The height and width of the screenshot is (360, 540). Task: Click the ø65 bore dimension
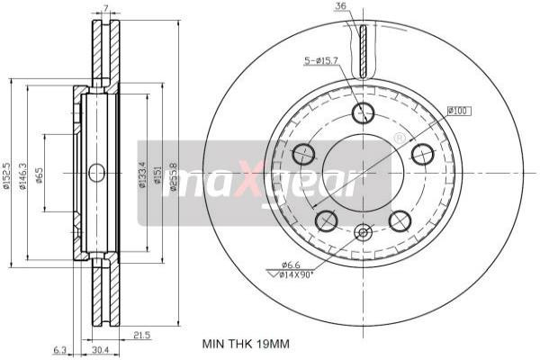click(40, 175)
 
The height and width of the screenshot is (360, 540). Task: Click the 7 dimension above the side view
click(105, 9)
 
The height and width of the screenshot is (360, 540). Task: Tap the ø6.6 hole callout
click(290, 264)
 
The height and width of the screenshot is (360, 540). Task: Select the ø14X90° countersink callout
click(293, 274)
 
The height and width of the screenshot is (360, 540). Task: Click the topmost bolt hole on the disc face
click(363, 113)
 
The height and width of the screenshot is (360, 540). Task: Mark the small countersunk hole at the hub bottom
click(363, 232)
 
